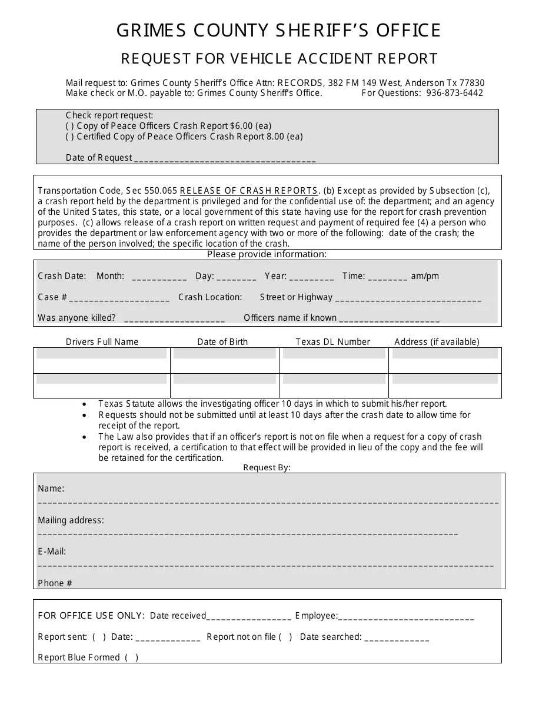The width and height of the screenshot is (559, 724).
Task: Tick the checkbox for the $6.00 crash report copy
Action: (x=70, y=126)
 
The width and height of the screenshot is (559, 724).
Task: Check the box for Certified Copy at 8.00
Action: (x=70, y=137)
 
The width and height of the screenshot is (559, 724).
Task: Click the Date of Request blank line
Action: (x=225, y=159)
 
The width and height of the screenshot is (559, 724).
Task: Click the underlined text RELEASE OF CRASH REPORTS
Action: (x=249, y=191)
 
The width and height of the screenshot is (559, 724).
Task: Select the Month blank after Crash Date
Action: (x=159, y=277)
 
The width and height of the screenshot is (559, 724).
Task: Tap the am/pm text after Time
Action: (x=425, y=276)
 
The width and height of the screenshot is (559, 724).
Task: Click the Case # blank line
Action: (x=119, y=298)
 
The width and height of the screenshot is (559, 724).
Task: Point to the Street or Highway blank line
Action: (x=408, y=298)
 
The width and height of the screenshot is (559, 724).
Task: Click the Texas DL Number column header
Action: (x=333, y=342)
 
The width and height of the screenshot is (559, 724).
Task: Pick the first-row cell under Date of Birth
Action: (x=225, y=354)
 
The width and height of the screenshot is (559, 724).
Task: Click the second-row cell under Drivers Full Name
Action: (x=102, y=380)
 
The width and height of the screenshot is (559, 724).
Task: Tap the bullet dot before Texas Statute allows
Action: (x=86, y=404)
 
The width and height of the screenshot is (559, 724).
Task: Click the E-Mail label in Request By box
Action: (x=52, y=552)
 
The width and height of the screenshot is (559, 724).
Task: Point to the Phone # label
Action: (x=55, y=583)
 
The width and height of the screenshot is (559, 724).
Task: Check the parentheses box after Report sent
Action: (x=99, y=637)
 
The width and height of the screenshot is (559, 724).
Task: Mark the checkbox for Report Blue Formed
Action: (x=132, y=657)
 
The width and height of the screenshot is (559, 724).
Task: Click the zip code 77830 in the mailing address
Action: (x=473, y=83)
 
